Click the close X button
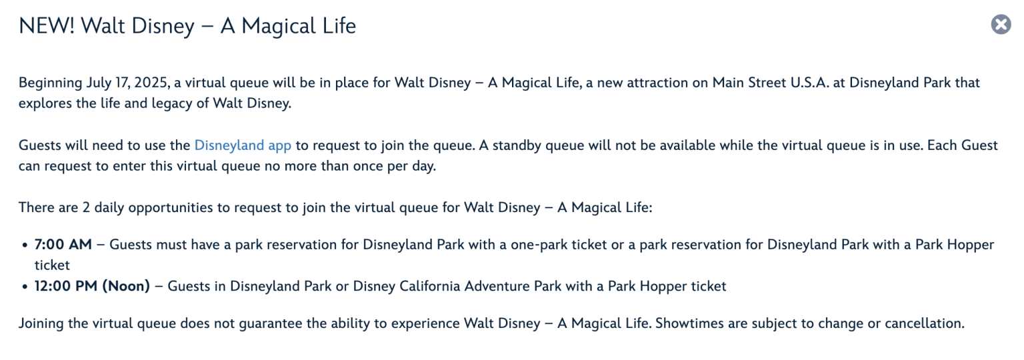1001,24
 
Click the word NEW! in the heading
46,25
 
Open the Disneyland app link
243,145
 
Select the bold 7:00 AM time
63,245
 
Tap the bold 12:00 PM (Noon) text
92,286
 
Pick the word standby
517,145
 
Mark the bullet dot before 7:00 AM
25,245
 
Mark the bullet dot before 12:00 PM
25,287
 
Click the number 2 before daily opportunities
87,208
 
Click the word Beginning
50,83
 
